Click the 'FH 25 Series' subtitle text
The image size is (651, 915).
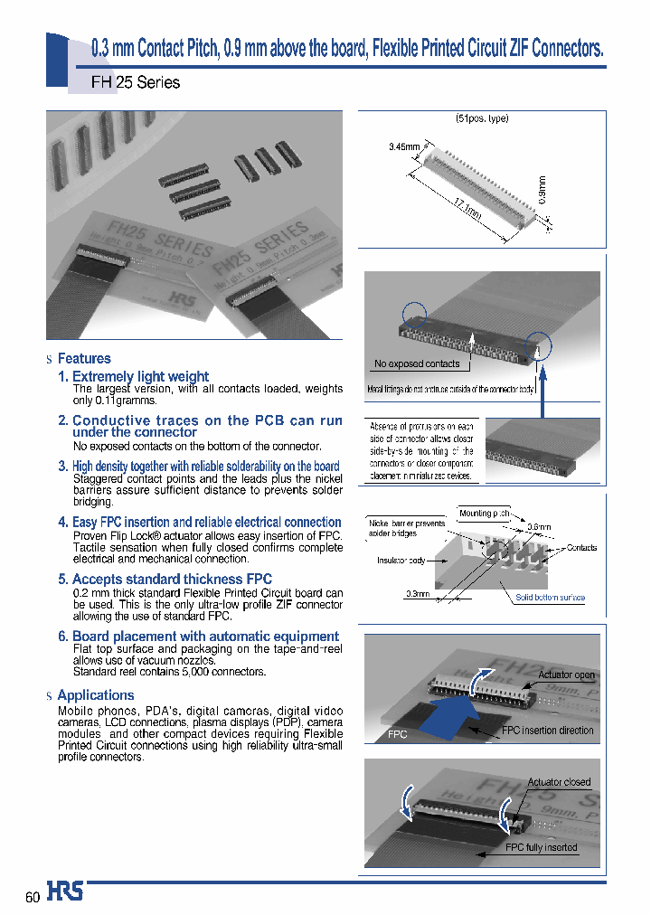point(136,82)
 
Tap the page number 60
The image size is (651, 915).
point(33,897)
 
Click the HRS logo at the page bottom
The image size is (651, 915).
point(65,892)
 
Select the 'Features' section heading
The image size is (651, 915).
point(84,359)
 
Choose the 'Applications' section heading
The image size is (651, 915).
point(95,695)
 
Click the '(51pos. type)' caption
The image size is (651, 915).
point(482,119)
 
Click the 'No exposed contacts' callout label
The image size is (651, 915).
point(417,363)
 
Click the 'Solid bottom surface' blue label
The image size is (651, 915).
point(550,598)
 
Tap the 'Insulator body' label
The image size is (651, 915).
point(401,561)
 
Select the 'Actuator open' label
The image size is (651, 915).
point(566,675)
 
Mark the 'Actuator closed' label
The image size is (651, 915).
point(559,782)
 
